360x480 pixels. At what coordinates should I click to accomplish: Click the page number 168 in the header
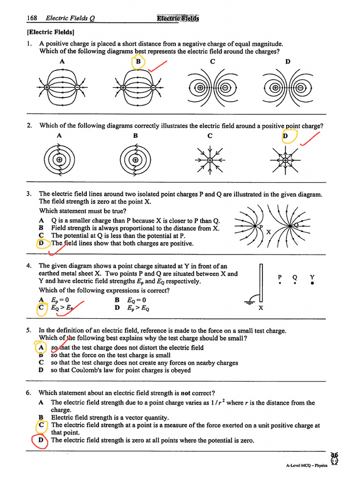pyautogui.click(x=32, y=18)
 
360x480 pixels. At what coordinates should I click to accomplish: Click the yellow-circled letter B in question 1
pyautogui.click(x=138, y=62)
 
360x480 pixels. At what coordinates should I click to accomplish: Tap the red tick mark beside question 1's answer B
pyautogui.click(x=158, y=66)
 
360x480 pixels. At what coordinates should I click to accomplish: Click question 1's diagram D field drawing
pyautogui.click(x=287, y=88)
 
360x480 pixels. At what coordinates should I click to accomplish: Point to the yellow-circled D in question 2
pyautogui.click(x=289, y=136)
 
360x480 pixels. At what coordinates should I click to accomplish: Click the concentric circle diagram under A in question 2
pyautogui.click(x=59, y=160)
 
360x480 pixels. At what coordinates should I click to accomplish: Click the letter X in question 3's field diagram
pyautogui.click(x=269, y=232)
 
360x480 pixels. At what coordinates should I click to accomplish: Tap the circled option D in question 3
pyautogui.click(x=42, y=243)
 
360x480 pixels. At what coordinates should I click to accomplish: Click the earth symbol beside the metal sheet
pyautogui.click(x=254, y=300)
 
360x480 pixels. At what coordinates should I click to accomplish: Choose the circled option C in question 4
pyautogui.click(x=42, y=308)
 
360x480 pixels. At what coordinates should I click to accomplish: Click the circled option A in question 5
pyautogui.click(x=41, y=348)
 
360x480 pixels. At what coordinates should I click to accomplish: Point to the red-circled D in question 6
pyautogui.click(x=41, y=441)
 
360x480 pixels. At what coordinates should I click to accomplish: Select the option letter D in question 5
pyautogui.click(x=41, y=370)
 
